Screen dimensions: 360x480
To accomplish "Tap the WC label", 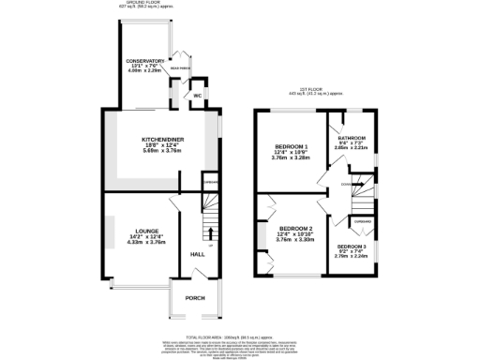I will pos(197,96).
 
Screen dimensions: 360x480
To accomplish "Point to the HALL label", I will pos(198,254).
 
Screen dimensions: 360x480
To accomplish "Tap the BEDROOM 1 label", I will pos(291,147).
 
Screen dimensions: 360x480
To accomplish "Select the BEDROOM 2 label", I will pos(296,228).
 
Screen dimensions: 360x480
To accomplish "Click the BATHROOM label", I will pos(351,138).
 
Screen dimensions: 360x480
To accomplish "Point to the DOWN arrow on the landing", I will pos(347,185).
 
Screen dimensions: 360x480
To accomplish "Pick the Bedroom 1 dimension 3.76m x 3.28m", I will pos(291,158).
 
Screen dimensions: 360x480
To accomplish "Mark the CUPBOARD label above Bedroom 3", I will pos(361,221).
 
